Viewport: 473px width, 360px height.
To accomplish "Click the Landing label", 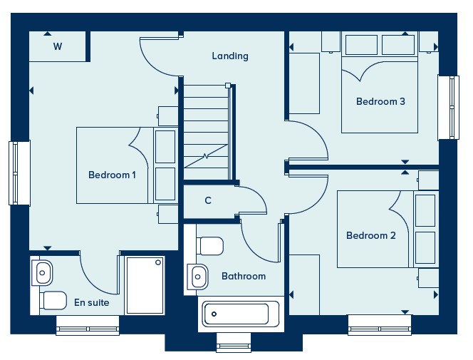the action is point(230,56).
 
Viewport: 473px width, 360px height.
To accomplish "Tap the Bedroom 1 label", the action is point(112,175).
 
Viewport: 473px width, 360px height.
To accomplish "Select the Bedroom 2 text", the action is point(370,235).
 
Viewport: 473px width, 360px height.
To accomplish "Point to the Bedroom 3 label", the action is point(380,101).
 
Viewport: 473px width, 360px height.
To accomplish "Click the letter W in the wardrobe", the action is point(58,46).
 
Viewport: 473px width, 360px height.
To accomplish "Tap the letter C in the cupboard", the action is point(208,200).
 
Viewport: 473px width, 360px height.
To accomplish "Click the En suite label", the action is point(92,302).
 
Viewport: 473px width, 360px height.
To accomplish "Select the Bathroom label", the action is point(244,276).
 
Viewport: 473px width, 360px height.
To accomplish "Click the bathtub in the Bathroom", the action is point(241,314).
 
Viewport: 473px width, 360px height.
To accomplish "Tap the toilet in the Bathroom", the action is point(210,246).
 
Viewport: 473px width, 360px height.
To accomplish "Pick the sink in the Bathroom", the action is point(197,277).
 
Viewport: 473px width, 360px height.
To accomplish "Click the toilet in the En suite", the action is point(53,300).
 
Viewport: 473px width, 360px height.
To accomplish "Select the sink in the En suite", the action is point(42,273).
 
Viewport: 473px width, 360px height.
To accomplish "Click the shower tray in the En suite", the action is point(145,285).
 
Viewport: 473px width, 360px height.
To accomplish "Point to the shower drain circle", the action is point(158,262).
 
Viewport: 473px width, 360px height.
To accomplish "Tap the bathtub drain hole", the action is point(214,314).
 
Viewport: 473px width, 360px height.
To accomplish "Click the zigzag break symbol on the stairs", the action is point(206,156).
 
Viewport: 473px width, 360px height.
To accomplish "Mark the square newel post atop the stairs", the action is point(228,86).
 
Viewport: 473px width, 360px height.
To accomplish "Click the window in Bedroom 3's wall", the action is point(449,108).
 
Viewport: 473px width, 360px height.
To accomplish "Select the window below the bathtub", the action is point(234,342).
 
